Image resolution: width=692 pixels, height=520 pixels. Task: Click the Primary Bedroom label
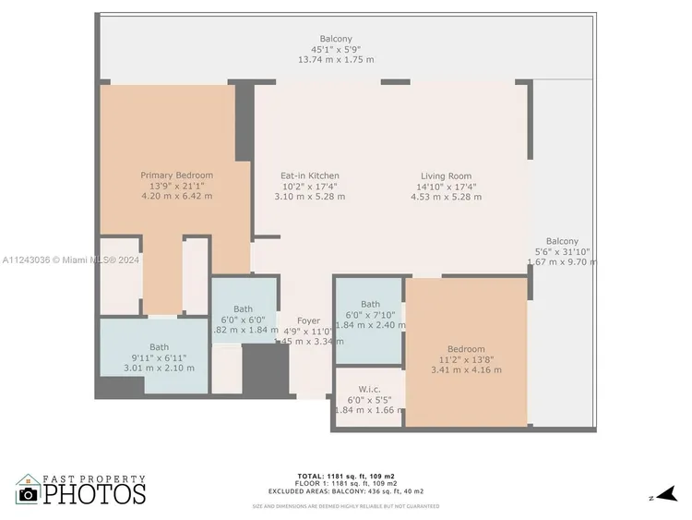tap(176, 175)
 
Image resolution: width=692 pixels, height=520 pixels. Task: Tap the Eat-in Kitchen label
tap(310, 175)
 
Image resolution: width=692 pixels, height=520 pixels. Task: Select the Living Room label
tap(446, 175)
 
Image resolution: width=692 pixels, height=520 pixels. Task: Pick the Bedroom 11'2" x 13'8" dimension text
tap(466, 359)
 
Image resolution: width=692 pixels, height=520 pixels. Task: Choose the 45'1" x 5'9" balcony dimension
tap(336, 49)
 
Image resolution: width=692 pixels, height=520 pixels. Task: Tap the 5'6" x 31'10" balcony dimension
tap(563, 251)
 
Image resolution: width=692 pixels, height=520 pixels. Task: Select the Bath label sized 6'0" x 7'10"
tap(370, 315)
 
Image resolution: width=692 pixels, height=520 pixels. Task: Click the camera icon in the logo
tap(28, 494)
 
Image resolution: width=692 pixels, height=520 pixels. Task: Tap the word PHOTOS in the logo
tap(95, 493)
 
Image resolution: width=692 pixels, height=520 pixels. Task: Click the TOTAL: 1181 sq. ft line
tap(347, 476)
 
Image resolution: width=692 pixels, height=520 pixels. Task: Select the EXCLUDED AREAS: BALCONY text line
tap(347, 490)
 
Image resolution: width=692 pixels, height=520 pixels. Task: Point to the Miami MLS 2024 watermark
tap(70, 260)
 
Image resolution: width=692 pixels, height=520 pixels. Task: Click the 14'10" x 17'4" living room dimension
tap(446, 186)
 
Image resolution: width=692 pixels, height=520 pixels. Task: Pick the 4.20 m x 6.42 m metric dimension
tap(176, 196)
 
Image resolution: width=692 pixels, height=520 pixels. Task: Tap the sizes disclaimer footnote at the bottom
tap(347, 506)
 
